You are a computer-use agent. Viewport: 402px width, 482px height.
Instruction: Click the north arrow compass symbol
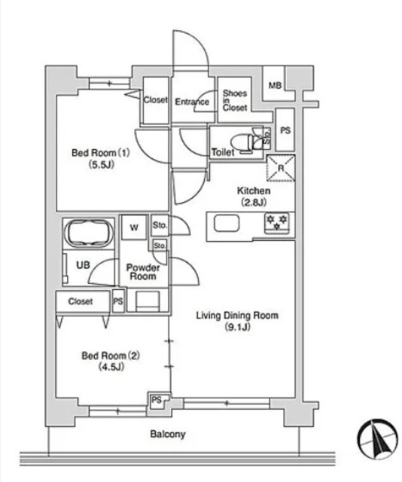coord(377,438)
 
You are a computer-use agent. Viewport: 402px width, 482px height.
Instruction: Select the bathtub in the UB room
coord(90,233)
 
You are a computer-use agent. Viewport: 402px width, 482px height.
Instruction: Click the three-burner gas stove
coord(276,222)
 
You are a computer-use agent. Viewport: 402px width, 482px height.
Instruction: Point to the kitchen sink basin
coord(227,224)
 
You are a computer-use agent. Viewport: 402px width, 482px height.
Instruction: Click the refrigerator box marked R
coord(281,168)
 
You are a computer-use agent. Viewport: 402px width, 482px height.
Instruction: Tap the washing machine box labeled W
coord(134,227)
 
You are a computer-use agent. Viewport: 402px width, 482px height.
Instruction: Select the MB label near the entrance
coord(275,85)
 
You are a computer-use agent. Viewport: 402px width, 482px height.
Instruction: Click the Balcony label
coord(168,434)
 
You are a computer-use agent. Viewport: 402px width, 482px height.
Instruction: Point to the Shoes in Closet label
coord(235,100)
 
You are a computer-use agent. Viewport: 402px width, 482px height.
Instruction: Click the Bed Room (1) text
coord(101,152)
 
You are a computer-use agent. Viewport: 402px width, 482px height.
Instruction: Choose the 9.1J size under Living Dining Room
coord(238,327)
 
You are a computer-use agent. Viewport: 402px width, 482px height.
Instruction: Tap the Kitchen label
coord(254,191)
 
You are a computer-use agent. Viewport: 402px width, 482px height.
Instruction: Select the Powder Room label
coord(143,272)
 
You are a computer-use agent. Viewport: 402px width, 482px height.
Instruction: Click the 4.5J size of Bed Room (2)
coord(111,367)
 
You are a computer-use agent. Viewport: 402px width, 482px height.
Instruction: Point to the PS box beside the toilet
coord(285,130)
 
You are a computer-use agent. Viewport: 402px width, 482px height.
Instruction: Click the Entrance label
coord(192,102)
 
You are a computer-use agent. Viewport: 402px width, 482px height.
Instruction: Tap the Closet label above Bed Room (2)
coord(81,301)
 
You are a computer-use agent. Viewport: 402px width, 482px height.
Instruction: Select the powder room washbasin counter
coord(148,300)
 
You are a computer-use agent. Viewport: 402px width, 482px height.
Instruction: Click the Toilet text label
coord(223,152)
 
